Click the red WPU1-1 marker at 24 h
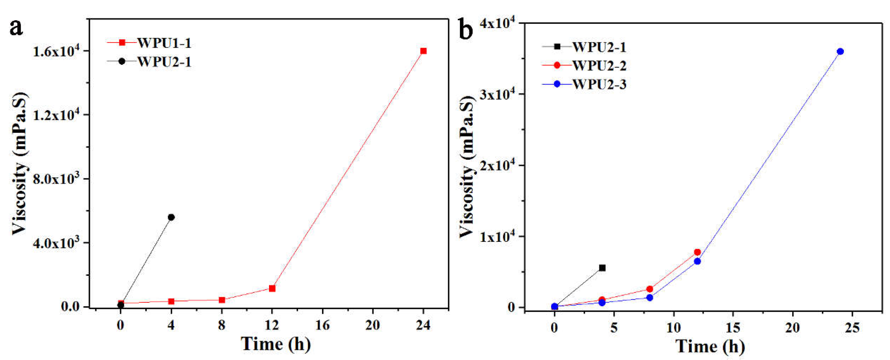tap(423, 51)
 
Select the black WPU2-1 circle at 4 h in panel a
tap(171, 217)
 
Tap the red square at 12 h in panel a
tap(272, 288)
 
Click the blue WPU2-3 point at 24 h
tap(840, 51)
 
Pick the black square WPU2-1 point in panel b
tap(602, 268)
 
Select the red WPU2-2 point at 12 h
tap(697, 252)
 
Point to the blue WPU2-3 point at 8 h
tap(649, 297)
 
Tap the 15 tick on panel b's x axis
tap(733, 328)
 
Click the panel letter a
tap(16, 28)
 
